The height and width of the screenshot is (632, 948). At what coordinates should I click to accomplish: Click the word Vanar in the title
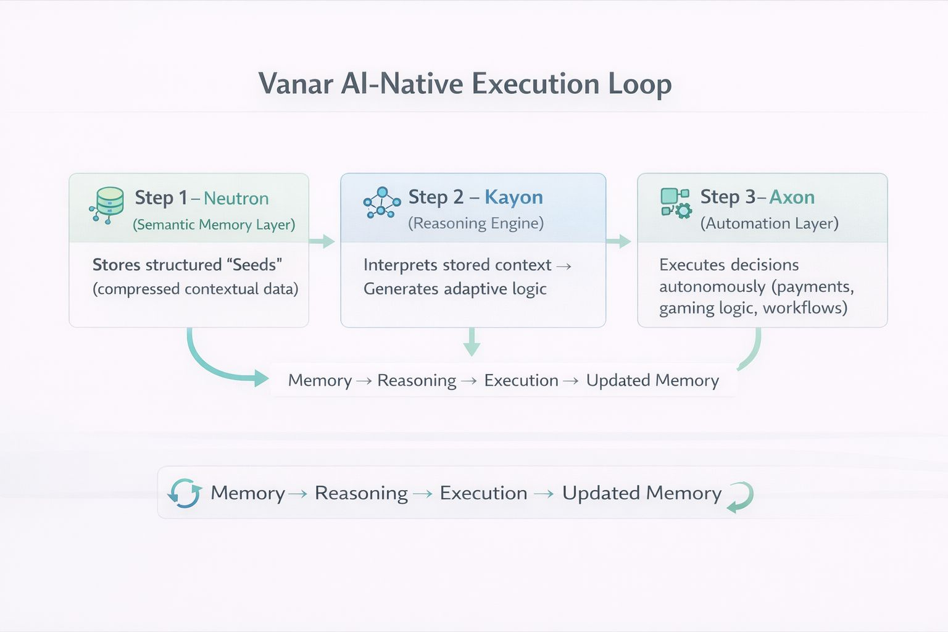click(x=296, y=84)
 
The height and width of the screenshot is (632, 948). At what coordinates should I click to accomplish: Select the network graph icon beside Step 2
click(x=381, y=202)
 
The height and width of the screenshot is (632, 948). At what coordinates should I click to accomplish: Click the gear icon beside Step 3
click(x=683, y=211)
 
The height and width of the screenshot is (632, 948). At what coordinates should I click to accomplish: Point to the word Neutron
click(x=236, y=199)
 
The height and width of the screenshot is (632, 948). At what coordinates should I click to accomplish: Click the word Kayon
click(x=513, y=197)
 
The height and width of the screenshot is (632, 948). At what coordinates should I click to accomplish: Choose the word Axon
click(x=792, y=197)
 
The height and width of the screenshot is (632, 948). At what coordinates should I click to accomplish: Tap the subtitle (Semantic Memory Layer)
click(x=214, y=225)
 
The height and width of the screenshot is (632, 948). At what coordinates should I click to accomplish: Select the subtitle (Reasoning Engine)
click(x=476, y=223)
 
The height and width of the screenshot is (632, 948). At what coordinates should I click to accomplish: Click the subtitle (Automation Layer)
click(x=770, y=223)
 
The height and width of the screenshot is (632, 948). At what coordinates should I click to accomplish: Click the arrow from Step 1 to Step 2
click(x=322, y=241)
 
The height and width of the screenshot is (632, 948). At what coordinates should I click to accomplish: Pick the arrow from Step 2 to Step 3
click(x=618, y=241)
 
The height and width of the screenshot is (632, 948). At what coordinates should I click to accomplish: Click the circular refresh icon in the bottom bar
click(x=185, y=493)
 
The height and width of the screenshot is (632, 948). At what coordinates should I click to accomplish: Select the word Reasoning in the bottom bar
click(x=361, y=493)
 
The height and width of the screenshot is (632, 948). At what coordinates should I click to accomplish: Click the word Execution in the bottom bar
click(x=483, y=493)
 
